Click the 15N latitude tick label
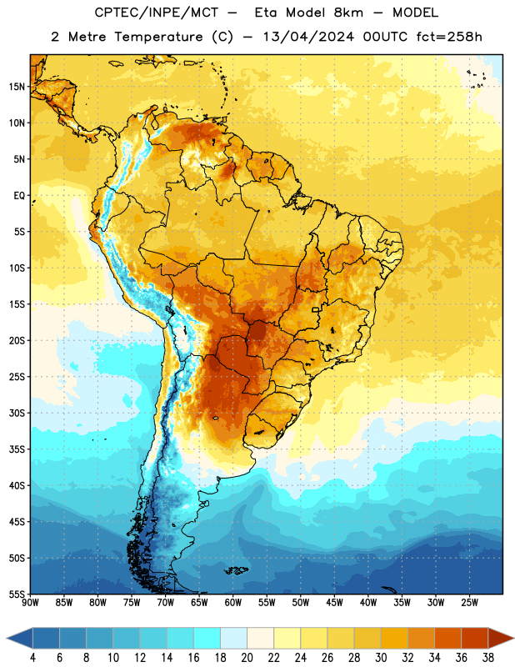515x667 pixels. pos(17,87)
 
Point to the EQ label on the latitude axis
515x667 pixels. pos(19,196)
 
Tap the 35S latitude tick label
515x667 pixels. pos(17,449)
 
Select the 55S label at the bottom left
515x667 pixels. pos(17,594)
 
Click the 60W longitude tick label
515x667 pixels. pos(233,603)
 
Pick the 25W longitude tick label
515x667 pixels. pos(469,603)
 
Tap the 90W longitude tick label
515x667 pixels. pos(30,603)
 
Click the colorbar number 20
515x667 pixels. pos(247,658)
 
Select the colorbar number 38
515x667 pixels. pos(488,658)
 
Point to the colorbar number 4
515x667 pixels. pos(32,658)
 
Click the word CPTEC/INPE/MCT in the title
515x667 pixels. pos(156,13)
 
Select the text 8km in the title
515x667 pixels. pos(348,13)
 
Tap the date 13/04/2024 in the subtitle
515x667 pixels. pos(308,37)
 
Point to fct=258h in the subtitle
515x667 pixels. pos(449,37)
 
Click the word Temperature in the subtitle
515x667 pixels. pos(158,37)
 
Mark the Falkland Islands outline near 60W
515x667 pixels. pos(236,570)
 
